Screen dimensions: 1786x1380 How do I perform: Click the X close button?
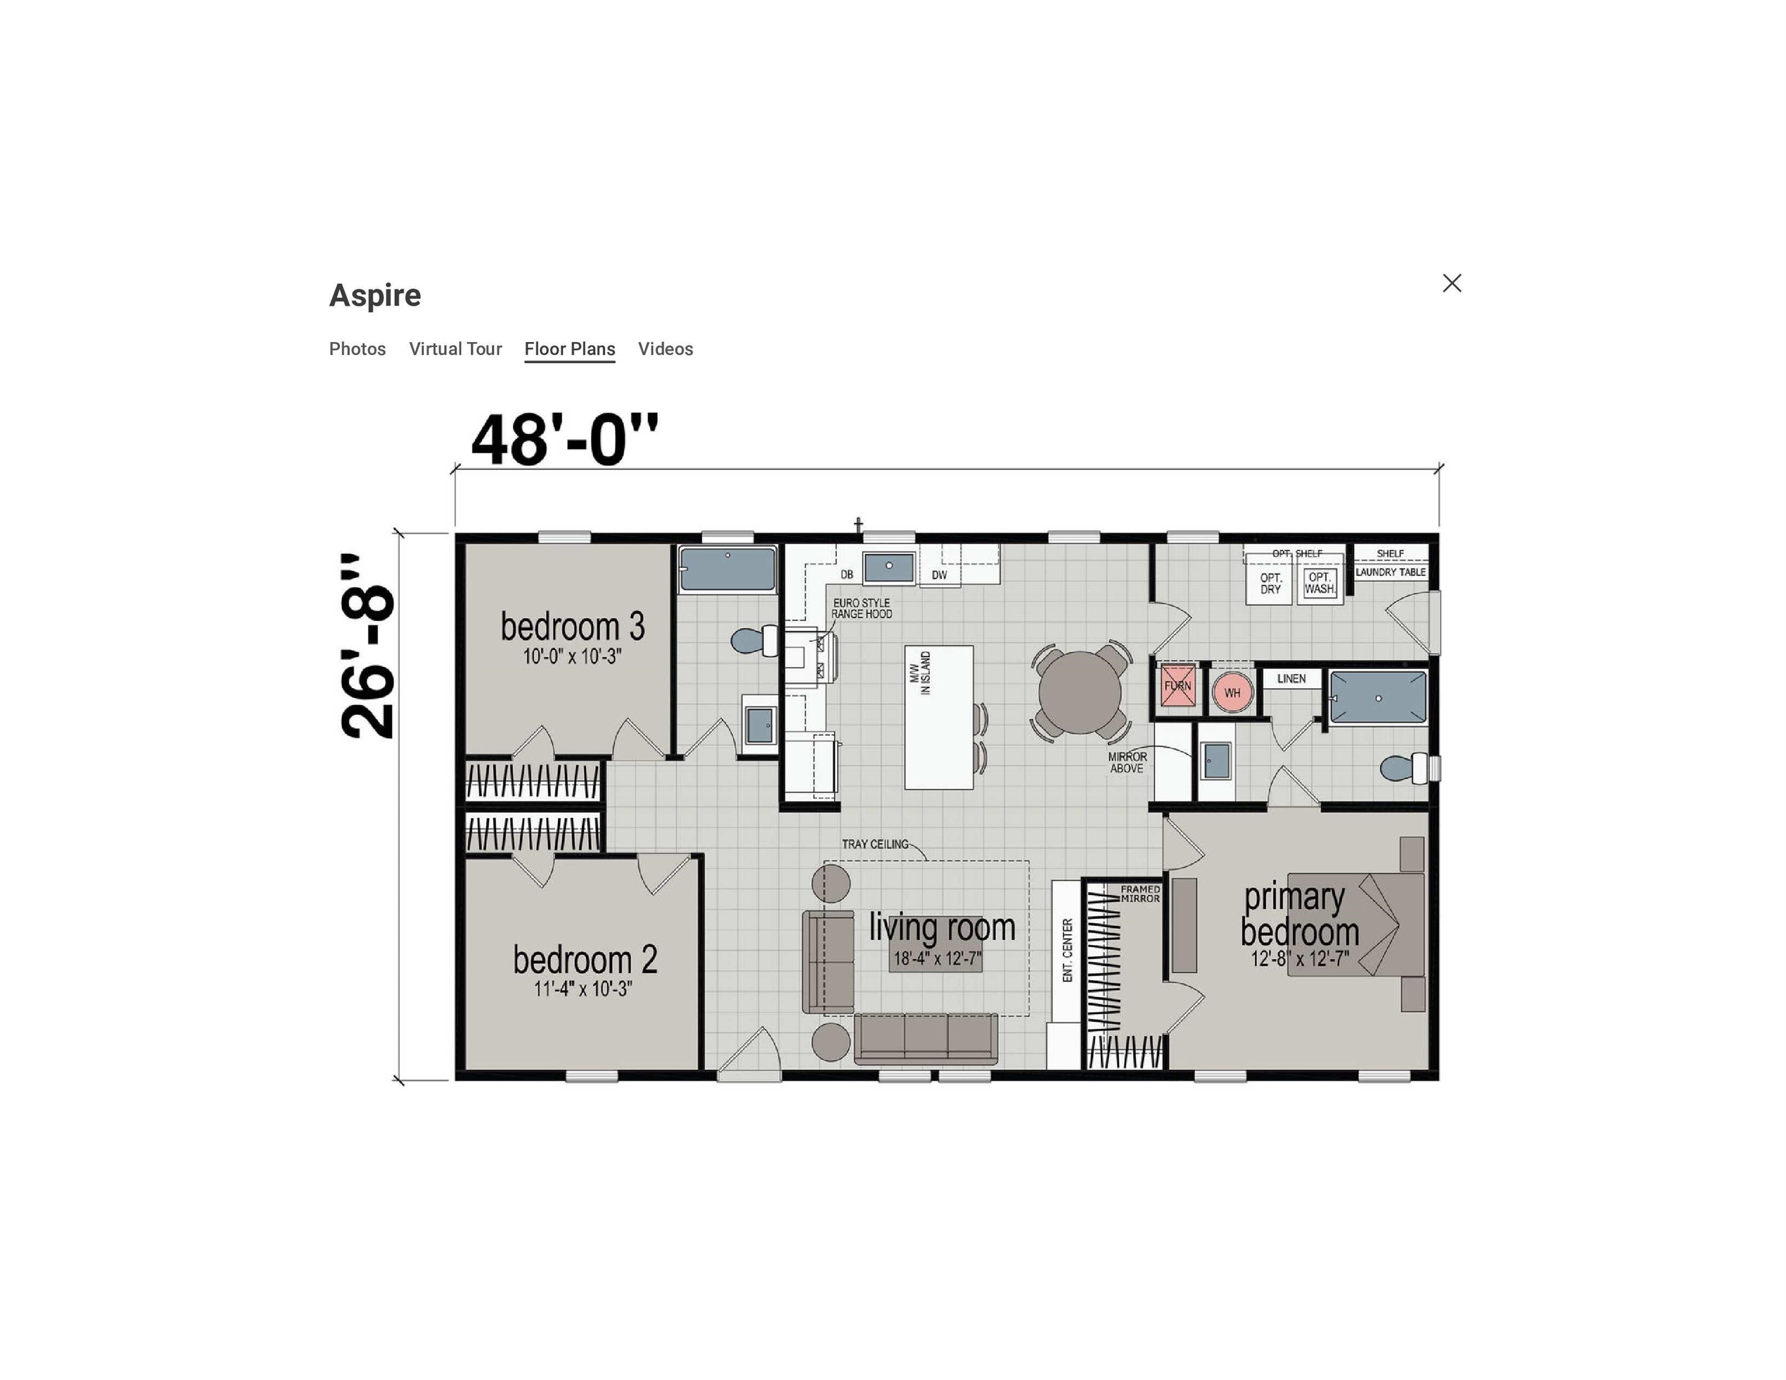1452,283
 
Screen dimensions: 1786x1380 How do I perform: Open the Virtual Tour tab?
455,349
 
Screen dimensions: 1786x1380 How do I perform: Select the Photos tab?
357,349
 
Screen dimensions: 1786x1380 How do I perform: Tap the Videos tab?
666,349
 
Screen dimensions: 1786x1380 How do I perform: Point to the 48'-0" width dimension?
564,440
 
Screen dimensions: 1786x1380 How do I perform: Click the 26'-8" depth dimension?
368,646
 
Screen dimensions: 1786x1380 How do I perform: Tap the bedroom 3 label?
572,627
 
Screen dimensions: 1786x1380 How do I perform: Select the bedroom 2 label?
585,960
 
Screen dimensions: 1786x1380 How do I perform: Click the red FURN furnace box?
1177,686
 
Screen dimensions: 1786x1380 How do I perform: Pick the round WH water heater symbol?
1232,692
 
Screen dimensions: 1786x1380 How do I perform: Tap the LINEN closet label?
1291,679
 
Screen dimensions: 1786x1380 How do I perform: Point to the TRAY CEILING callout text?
875,845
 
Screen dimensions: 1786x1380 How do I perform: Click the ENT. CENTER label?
1067,950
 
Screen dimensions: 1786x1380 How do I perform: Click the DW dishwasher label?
939,575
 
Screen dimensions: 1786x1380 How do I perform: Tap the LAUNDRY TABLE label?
1390,572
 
